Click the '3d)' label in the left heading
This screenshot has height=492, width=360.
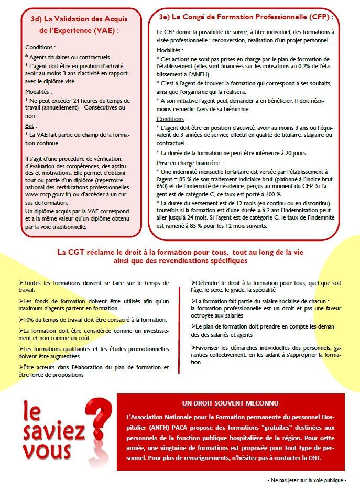38,19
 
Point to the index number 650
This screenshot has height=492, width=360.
162,185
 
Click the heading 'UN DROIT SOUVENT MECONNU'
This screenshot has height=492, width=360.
230,403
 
